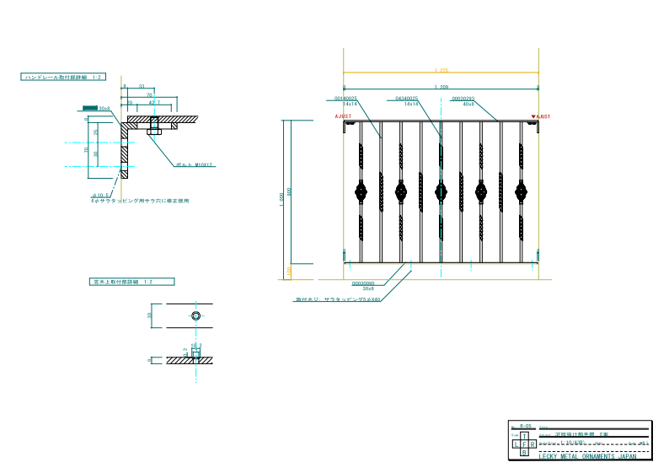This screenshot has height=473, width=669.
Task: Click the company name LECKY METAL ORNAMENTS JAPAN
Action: [587, 455]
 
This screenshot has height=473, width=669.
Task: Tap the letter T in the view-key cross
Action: [523, 435]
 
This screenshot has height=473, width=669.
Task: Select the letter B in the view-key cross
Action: [523, 453]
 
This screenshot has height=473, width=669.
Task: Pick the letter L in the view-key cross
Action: [515, 443]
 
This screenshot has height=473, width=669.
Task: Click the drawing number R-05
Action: [525, 427]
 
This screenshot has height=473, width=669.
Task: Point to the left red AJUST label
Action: [344, 116]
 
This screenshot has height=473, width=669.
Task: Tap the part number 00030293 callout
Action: [463, 99]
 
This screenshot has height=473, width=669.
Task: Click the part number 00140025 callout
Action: [346, 99]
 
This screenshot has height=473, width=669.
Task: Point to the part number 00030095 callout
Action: [363, 282]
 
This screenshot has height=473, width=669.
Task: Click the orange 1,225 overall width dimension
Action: [441, 71]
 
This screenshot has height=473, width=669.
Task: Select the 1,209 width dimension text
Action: [441, 88]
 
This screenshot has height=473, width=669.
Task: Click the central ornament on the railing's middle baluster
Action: [441, 191]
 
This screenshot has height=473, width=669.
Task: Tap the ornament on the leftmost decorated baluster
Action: [361, 191]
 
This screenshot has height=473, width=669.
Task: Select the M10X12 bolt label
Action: [195, 164]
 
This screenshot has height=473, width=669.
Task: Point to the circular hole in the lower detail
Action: [195, 315]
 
